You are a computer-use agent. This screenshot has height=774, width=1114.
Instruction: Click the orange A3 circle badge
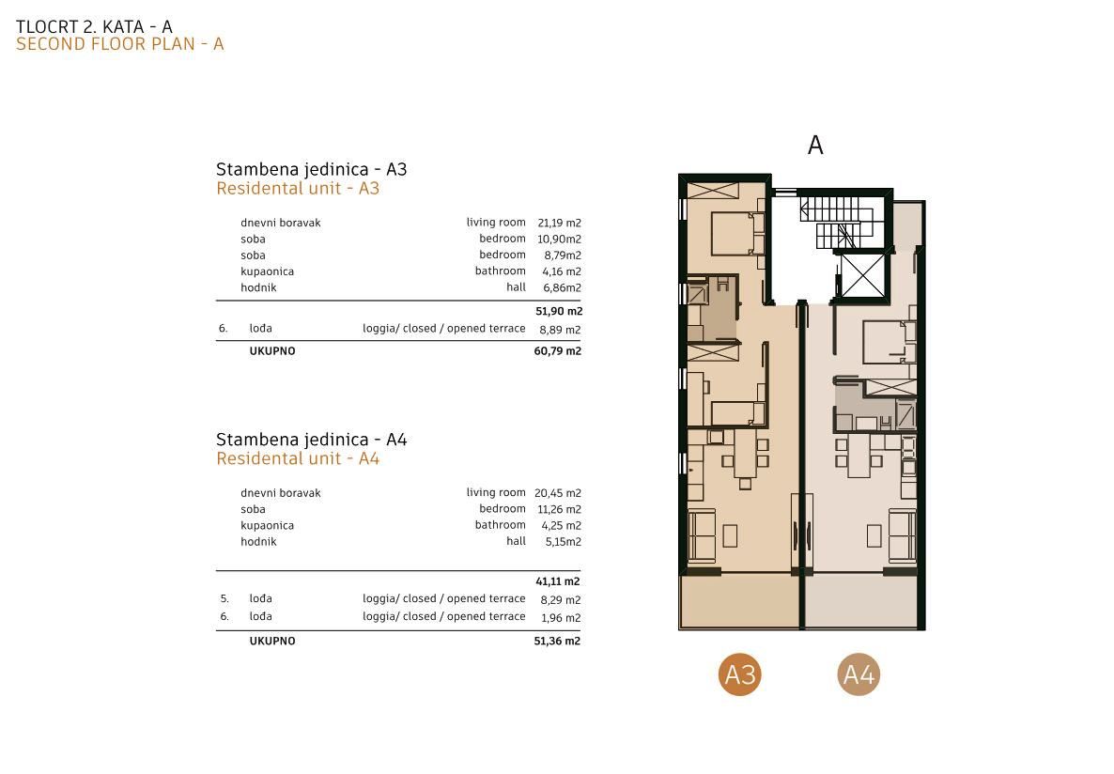coord(739,673)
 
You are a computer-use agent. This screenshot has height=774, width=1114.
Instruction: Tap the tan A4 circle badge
coord(859,673)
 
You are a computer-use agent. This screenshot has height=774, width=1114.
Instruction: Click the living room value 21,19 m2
coord(559,224)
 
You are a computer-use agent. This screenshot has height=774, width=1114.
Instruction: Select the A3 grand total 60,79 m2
coord(557,351)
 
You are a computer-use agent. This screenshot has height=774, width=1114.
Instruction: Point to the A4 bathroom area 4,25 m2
coord(561,526)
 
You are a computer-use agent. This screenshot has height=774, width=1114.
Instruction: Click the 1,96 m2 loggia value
coord(561,618)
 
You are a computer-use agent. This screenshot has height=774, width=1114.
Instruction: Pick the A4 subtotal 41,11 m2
coord(558,581)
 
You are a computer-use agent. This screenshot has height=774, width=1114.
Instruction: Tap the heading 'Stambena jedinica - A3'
coord(311,169)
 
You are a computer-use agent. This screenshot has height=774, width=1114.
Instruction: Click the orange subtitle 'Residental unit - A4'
coord(298,458)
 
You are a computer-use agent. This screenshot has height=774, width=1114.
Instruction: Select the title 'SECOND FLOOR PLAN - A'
coord(120,44)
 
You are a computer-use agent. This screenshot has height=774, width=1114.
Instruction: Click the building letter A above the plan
coord(815,145)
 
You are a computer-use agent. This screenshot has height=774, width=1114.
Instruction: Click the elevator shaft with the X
coord(862,274)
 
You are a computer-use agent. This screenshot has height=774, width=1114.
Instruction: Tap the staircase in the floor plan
coord(839,223)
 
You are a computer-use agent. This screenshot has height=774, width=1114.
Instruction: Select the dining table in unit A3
coord(745,454)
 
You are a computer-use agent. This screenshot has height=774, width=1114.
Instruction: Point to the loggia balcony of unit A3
coord(739,601)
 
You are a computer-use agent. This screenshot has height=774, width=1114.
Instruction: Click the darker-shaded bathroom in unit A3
coord(713,308)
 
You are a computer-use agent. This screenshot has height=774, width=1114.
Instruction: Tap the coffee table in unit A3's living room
coord(731,535)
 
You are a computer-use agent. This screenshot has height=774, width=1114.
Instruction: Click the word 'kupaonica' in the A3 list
coord(267,271)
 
